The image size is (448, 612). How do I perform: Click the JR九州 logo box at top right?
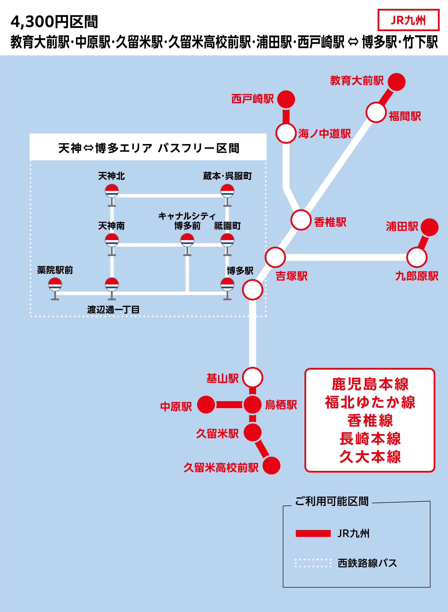[408, 20]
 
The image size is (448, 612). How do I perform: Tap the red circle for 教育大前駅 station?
[396, 82]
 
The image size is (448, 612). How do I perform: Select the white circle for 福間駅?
[376, 112]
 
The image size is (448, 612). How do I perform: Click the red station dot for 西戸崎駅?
[286, 99]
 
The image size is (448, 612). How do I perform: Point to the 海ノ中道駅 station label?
[324, 134]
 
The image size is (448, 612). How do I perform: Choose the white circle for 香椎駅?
[301, 220]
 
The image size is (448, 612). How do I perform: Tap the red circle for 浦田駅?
[430, 227]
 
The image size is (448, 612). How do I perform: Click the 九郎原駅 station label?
[417, 276]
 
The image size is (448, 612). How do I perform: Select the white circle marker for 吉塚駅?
[275, 257]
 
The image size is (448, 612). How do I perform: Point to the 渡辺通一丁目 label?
[113, 310]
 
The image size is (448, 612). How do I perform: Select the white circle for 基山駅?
[252, 377]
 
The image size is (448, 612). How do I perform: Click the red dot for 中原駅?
[206, 404]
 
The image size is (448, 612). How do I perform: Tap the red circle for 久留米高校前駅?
[271, 465]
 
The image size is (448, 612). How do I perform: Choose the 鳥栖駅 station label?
[281, 405]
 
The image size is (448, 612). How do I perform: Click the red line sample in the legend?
[313, 533]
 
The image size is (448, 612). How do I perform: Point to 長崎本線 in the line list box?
[370, 439]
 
